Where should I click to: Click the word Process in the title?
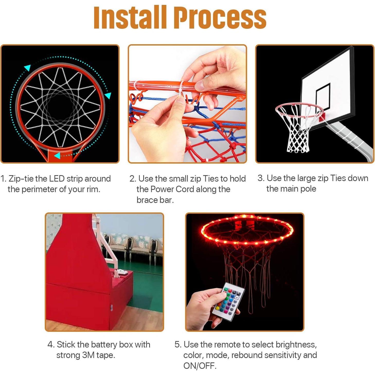click(x=220, y=17)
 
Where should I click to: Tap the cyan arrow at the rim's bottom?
click(x=57, y=156)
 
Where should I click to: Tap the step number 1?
click(x=3, y=179)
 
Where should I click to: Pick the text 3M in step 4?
click(x=88, y=355)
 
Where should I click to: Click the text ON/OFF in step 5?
click(x=200, y=365)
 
